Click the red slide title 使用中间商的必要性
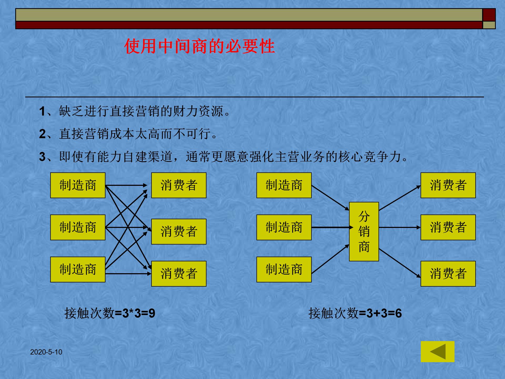(x=199, y=46)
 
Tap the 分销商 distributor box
(x=364, y=232)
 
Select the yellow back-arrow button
(x=437, y=352)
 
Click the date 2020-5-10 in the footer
(x=46, y=352)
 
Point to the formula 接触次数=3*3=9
(x=110, y=313)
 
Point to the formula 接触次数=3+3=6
(x=355, y=313)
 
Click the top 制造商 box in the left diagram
(x=78, y=185)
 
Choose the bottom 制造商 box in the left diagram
(x=78, y=270)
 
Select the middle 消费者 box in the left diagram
(x=179, y=232)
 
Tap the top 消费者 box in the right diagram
(x=448, y=185)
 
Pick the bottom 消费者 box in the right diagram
(x=448, y=274)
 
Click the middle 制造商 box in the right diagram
(x=284, y=227)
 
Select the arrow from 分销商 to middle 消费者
(x=399, y=227)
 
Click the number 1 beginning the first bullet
(x=42, y=111)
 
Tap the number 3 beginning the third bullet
(x=42, y=157)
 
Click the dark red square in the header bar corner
(x=489, y=15)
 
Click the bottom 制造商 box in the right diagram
(x=284, y=270)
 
